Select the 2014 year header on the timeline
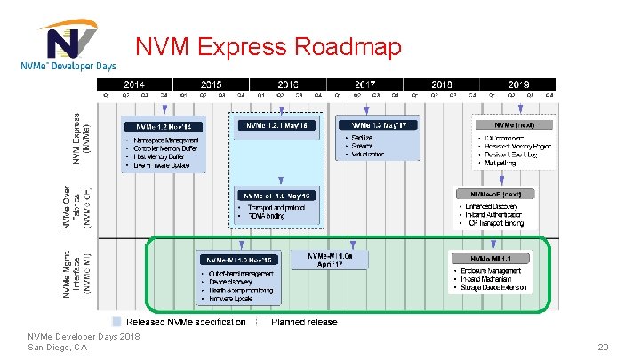click(x=133, y=83)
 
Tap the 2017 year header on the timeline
click(x=364, y=83)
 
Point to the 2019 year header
click(x=518, y=83)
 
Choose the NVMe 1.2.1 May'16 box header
click(x=277, y=125)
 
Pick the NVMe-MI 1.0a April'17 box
click(x=336, y=260)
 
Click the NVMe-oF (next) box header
click(x=495, y=194)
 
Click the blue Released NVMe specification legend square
click(x=116, y=322)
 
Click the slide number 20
click(x=604, y=348)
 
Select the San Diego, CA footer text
click(x=57, y=348)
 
